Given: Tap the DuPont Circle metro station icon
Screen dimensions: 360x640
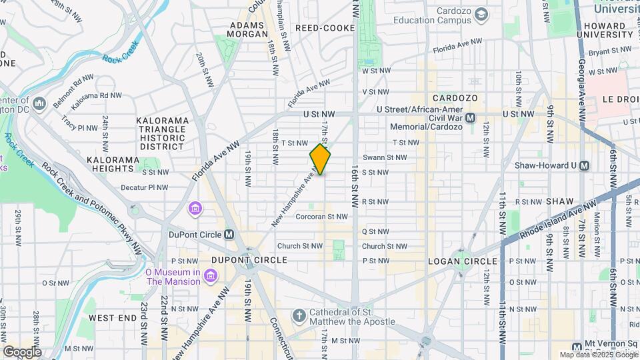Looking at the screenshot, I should click(229, 234).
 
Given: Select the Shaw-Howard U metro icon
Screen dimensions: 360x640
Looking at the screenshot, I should click(585, 165).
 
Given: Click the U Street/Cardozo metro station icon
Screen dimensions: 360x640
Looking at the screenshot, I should click(471, 117).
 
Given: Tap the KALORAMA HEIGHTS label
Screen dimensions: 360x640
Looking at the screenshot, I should click(113, 165).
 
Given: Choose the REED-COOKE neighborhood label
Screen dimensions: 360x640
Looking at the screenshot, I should click(325, 28).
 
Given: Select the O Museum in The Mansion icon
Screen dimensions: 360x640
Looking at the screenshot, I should click(211, 275).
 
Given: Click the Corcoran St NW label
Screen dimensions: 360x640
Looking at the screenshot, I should click(322, 216).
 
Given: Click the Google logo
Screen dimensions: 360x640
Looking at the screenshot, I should click(21, 352).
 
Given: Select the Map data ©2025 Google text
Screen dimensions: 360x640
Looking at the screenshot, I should click(598, 355).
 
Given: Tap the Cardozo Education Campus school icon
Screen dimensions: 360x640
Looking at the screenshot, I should click(480, 12).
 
